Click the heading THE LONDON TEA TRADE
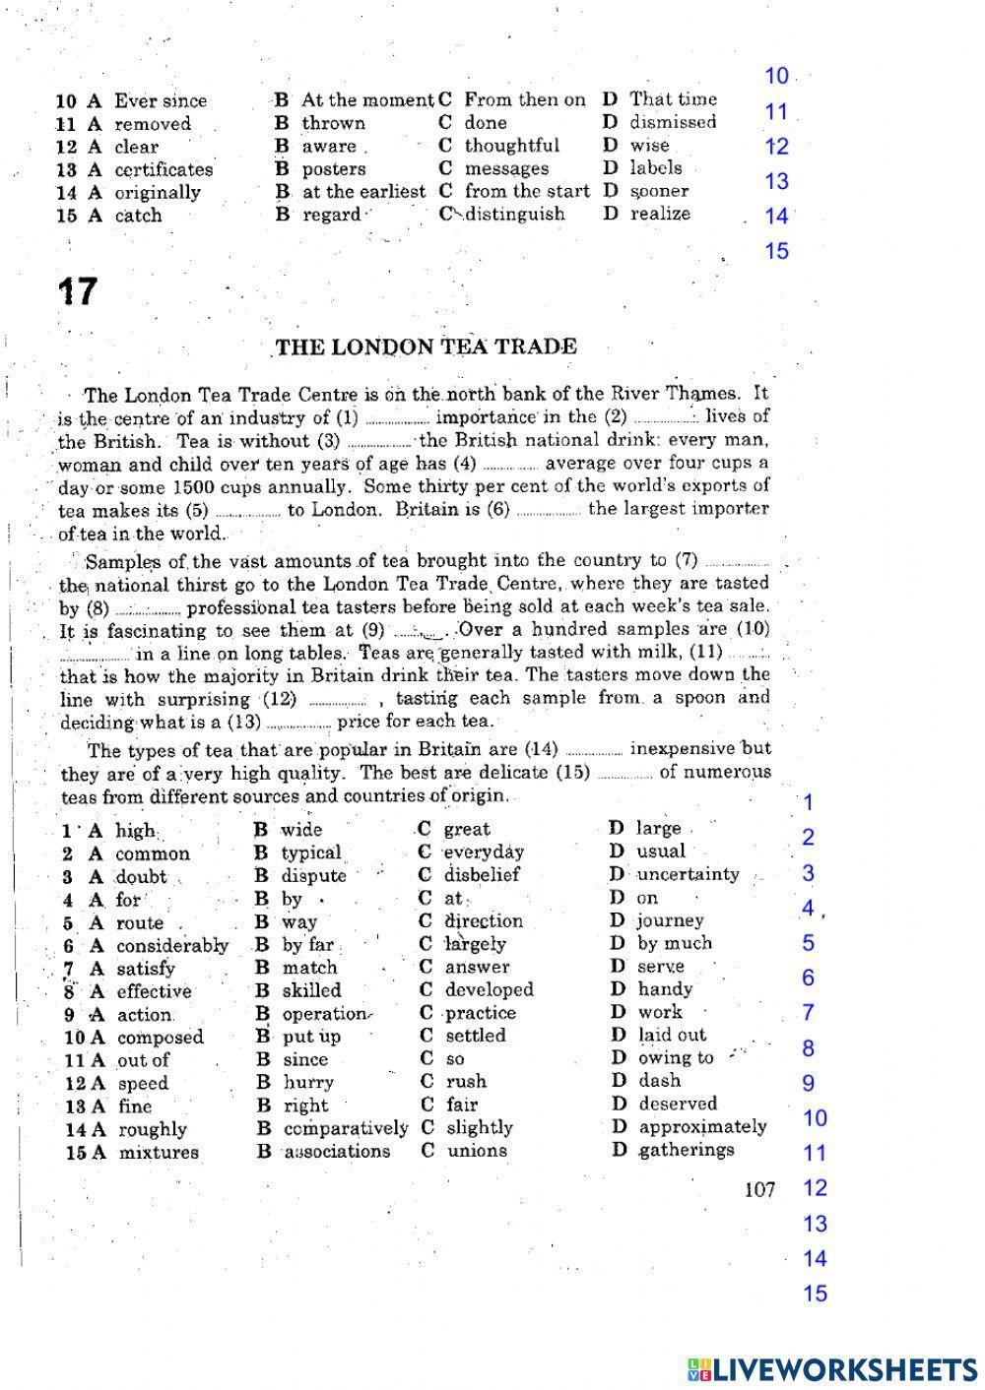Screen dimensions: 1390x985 pos(426,347)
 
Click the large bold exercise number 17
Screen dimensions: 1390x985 pos(77,291)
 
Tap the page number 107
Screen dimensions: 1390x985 pos(759,1190)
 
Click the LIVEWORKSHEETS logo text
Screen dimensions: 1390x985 pos(833,1369)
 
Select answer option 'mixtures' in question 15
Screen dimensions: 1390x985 pos(159,1152)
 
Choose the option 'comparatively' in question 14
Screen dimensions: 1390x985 pos(345,1128)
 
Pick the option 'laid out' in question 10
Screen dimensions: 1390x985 pos(672,1035)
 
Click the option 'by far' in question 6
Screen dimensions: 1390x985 pos(308,944)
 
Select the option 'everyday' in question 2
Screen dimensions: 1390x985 pos(483,852)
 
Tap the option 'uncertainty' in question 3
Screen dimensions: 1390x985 pos(688,874)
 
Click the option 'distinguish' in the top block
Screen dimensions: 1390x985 pos(516,214)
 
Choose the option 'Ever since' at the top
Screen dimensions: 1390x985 pos(161,100)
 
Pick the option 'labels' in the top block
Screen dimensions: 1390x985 pos(656,168)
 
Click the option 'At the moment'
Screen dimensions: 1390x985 pos(366,99)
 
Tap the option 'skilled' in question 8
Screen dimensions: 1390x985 pos(311,990)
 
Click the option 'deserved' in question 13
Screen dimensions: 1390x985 pos(678,1104)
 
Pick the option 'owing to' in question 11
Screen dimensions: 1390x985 pos(676,1058)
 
